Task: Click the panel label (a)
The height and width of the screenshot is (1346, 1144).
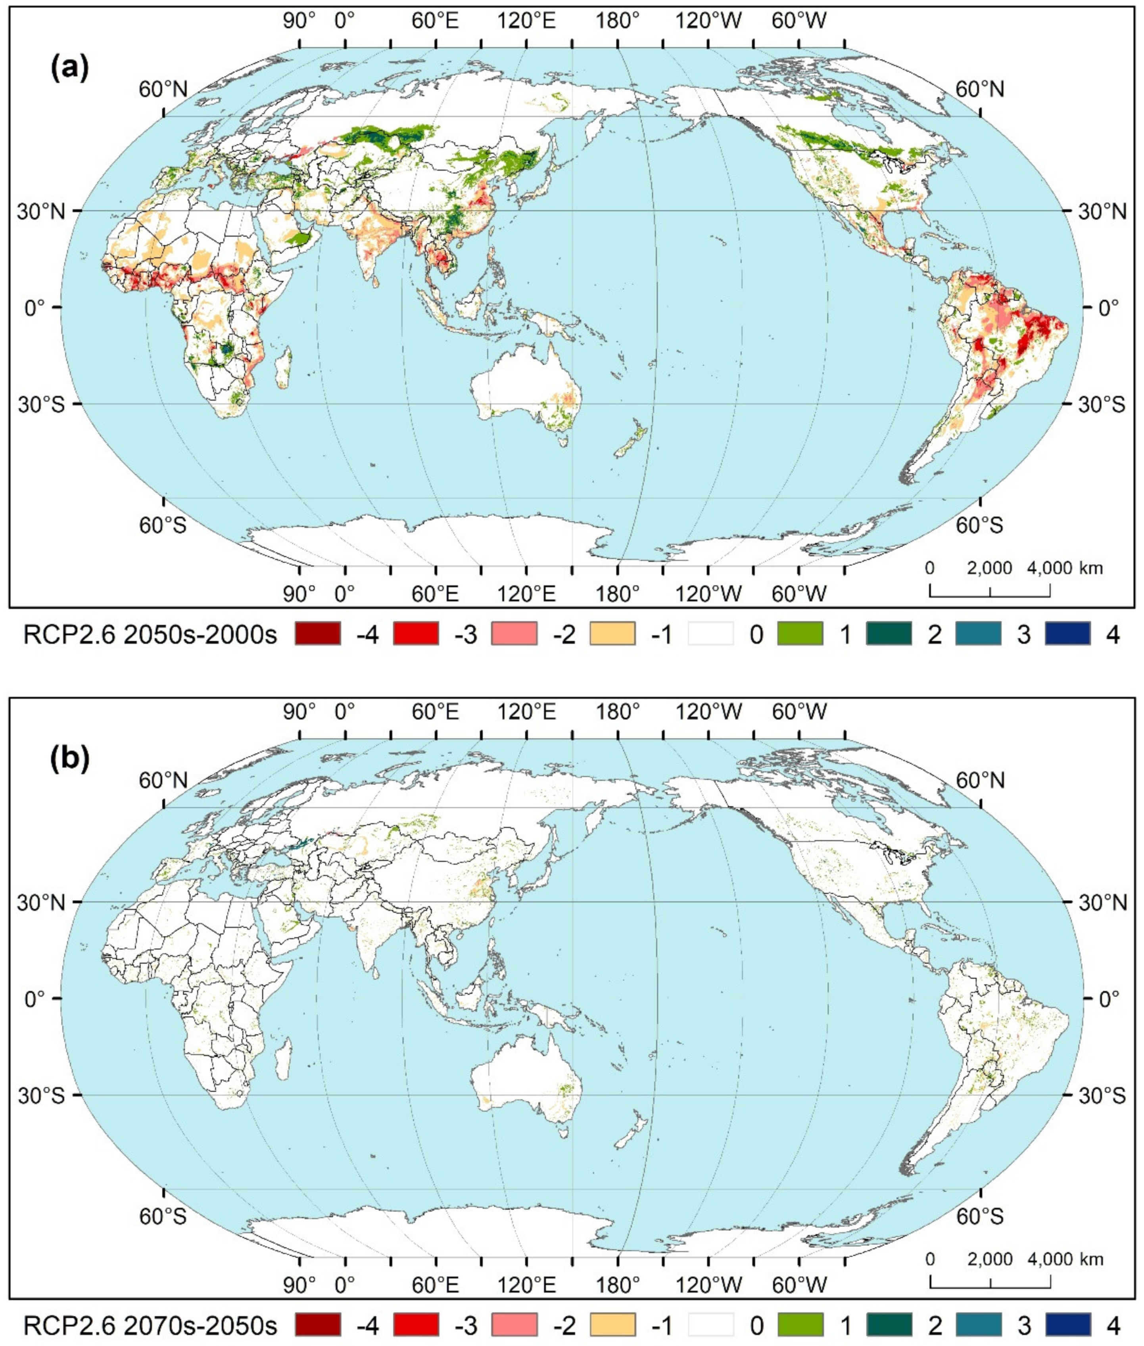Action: [x=69, y=67]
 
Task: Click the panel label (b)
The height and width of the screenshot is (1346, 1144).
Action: [x=69, y=759]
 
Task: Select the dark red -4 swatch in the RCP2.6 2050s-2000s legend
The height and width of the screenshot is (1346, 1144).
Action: [x=318, y=633]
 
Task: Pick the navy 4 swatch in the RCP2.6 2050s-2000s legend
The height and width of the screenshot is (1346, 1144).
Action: [x=1067, y=633]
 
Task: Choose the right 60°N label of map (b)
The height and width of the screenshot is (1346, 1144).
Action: [x=980, y=780]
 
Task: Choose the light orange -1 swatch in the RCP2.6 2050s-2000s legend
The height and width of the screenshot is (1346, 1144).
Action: [x=612, y=633]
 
